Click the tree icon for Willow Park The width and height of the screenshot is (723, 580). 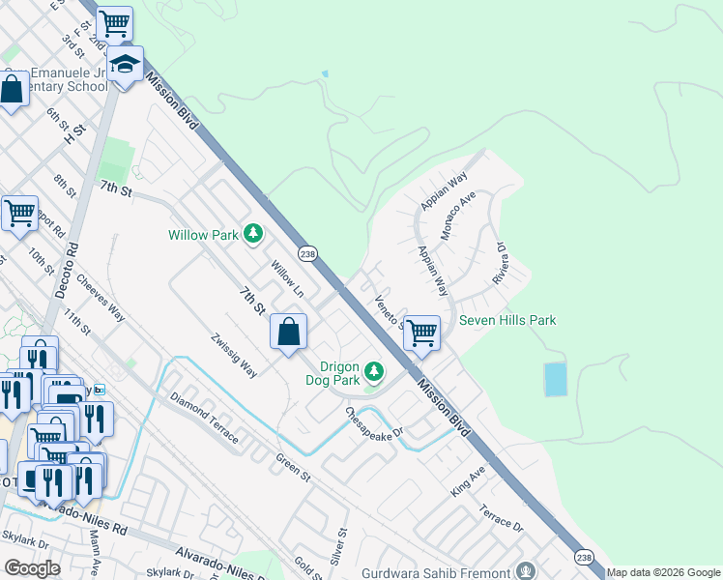tap(253, 233)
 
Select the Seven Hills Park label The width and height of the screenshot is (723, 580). tap(507, 320)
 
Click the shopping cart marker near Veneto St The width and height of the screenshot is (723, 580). tap(421, 333)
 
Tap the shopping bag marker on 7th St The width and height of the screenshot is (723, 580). tap(288, 333)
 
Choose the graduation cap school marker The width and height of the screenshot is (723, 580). tap(125, 65)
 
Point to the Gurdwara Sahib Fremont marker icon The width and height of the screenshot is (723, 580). tap(526, 571)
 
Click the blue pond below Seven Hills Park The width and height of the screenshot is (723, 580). tap(556, 379)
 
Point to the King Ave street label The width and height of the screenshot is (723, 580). tap(468, 480)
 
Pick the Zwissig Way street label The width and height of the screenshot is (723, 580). tap(235, 355)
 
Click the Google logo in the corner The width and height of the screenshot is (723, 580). tap(32, 567)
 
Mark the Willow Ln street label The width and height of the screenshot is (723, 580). tap(287, 278)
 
